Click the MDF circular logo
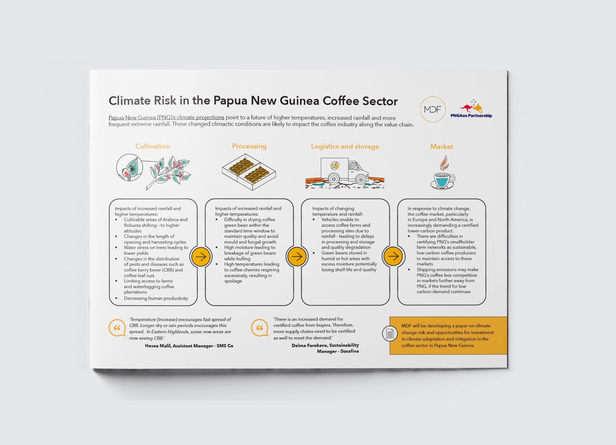(x=432, y=109)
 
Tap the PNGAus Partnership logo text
(x=471, y=115)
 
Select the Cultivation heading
(x=153, y=146)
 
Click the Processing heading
(x=249, y=146)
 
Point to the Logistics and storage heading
(x=345, y=146)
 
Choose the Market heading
(x=442, y=147)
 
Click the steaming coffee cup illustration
(x=443, y=172)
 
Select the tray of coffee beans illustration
(x=249, y=171)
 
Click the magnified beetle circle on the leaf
(x=130, y=168)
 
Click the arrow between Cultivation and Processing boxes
(x=201, y=257)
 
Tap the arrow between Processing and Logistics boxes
(x=297, y=257)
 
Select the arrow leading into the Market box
(x=393, y=256)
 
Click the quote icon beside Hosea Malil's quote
(x=117, y=328)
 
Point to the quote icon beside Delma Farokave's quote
(x=260, y=328)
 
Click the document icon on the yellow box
(x=390, y=333)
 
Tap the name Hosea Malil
(x=158, y=346)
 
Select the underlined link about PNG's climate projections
(x=166, y=117)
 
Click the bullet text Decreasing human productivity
(x=156, y=298)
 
